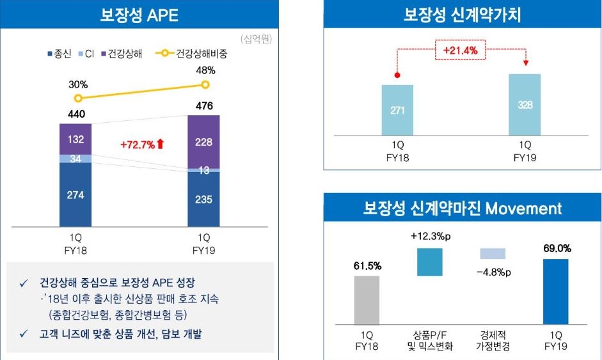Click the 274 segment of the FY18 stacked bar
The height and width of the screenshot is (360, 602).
75,195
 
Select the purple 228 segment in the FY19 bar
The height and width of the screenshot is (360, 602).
203,142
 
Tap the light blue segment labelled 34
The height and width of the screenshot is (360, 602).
75,159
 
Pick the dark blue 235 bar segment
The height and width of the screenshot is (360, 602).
203,199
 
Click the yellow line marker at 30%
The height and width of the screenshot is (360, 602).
78,98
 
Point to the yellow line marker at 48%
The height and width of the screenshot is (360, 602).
205,85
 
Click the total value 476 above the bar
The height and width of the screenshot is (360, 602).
205,106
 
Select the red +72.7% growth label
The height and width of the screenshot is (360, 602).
142,145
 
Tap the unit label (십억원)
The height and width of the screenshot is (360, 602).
257,39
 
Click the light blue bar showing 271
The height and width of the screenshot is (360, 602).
397,111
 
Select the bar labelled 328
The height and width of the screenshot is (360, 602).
525,106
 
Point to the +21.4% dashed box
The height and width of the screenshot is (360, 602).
461,49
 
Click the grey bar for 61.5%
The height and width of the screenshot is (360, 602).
367,300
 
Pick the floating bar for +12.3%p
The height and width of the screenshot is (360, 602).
430,262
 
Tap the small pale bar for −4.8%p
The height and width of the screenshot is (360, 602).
493,253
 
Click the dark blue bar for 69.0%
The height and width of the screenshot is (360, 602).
555,292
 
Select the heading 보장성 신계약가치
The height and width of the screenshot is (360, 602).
462,15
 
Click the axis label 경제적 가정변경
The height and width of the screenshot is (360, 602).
493,340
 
